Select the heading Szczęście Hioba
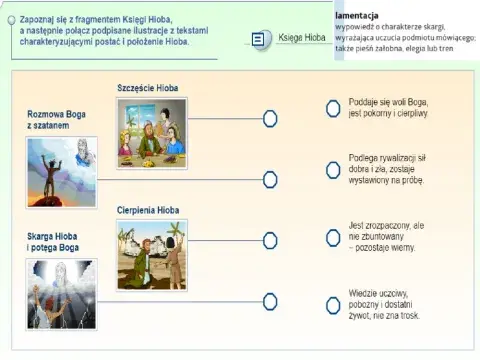pyautogui.click(x=147, y=89)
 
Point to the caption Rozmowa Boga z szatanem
pyautogui.click(x=56, y=120)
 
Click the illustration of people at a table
pyautogui.click(x=153, y=133)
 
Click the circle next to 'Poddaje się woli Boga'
pyautogui.click(x=332, y=109)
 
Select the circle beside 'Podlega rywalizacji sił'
pyautogui.click(x=332, y=174)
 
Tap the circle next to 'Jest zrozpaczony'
pyautogui.click(x=332, y=238)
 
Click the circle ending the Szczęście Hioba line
pyautogui.click(x=270, y=119)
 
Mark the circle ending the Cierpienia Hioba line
pyautogui.click(x=270, y=239)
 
